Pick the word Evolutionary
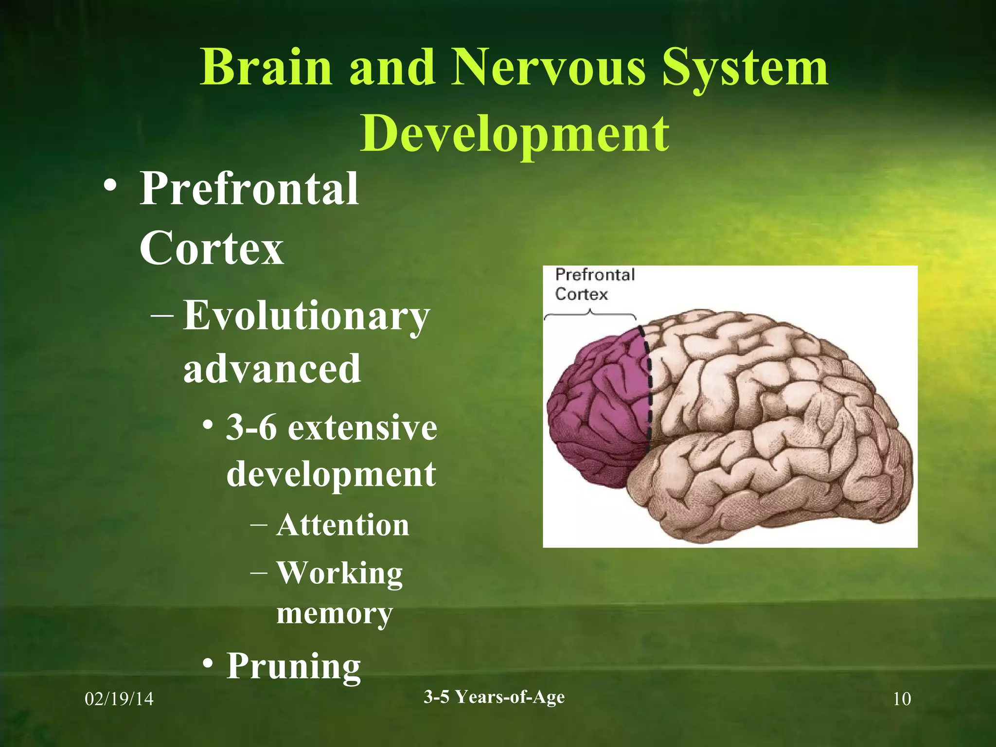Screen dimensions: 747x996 point(306,316)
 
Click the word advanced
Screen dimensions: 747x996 point(272,369)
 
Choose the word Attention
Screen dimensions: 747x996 point(343,525)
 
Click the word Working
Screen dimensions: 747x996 point(339,574)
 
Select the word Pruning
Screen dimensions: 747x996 point(294,666)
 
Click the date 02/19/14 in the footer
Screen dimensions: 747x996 point(119,699)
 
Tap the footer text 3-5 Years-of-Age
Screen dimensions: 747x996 point(494,697)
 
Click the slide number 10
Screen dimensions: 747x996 point(902,699)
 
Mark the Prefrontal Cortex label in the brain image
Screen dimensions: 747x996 point(594,285)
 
